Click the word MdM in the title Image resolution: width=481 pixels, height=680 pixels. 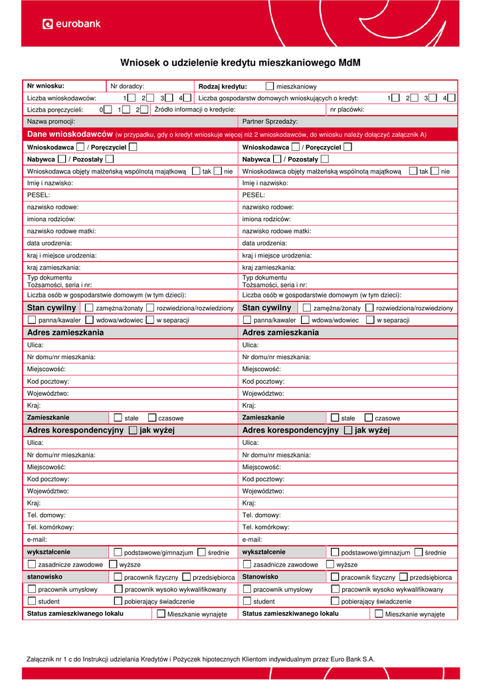click(349, 63)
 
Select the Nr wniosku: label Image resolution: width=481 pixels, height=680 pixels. click(45, 86)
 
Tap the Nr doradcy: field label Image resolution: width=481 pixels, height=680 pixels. click(128, 86)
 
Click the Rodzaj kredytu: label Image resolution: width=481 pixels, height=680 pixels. click(223, 86)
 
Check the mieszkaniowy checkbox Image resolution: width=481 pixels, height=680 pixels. click(269, 86)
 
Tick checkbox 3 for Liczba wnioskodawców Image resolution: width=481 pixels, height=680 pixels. click(169, 98)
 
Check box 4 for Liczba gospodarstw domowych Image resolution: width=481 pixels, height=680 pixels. click(451, 98)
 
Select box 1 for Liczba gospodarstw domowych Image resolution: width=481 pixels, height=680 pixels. click(395, 98)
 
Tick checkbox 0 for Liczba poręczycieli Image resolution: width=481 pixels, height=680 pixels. click(108, 110)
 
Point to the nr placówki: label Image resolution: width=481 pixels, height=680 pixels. click(347, 110)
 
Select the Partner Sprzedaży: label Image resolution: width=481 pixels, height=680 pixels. click(270, 122)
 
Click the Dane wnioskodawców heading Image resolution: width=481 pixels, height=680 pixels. click(70, 134)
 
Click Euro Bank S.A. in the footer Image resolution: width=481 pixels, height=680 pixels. click(353, 659)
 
